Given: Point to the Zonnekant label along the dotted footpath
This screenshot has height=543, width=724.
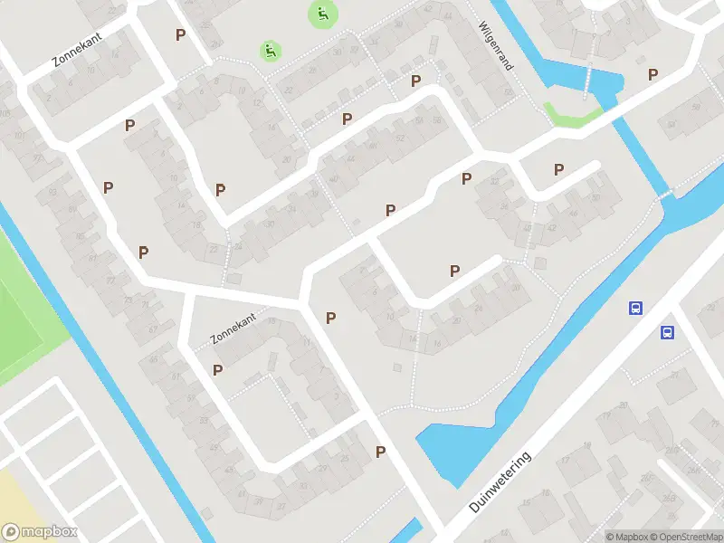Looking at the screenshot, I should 234,327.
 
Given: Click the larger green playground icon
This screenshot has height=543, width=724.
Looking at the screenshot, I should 321,14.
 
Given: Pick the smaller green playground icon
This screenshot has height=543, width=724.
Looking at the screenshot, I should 269,51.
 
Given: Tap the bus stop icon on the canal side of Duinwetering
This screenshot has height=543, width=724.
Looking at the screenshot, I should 636,308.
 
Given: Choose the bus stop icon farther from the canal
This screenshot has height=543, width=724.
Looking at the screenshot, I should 668,332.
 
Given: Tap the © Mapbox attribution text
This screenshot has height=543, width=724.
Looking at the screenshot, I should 627,537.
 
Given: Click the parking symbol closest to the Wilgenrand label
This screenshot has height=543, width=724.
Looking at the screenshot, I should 416,81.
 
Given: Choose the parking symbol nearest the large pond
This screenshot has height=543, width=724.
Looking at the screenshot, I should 381,452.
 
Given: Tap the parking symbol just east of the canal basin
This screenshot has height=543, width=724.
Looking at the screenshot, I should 653,74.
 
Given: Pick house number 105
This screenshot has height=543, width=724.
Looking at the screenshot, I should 6,113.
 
